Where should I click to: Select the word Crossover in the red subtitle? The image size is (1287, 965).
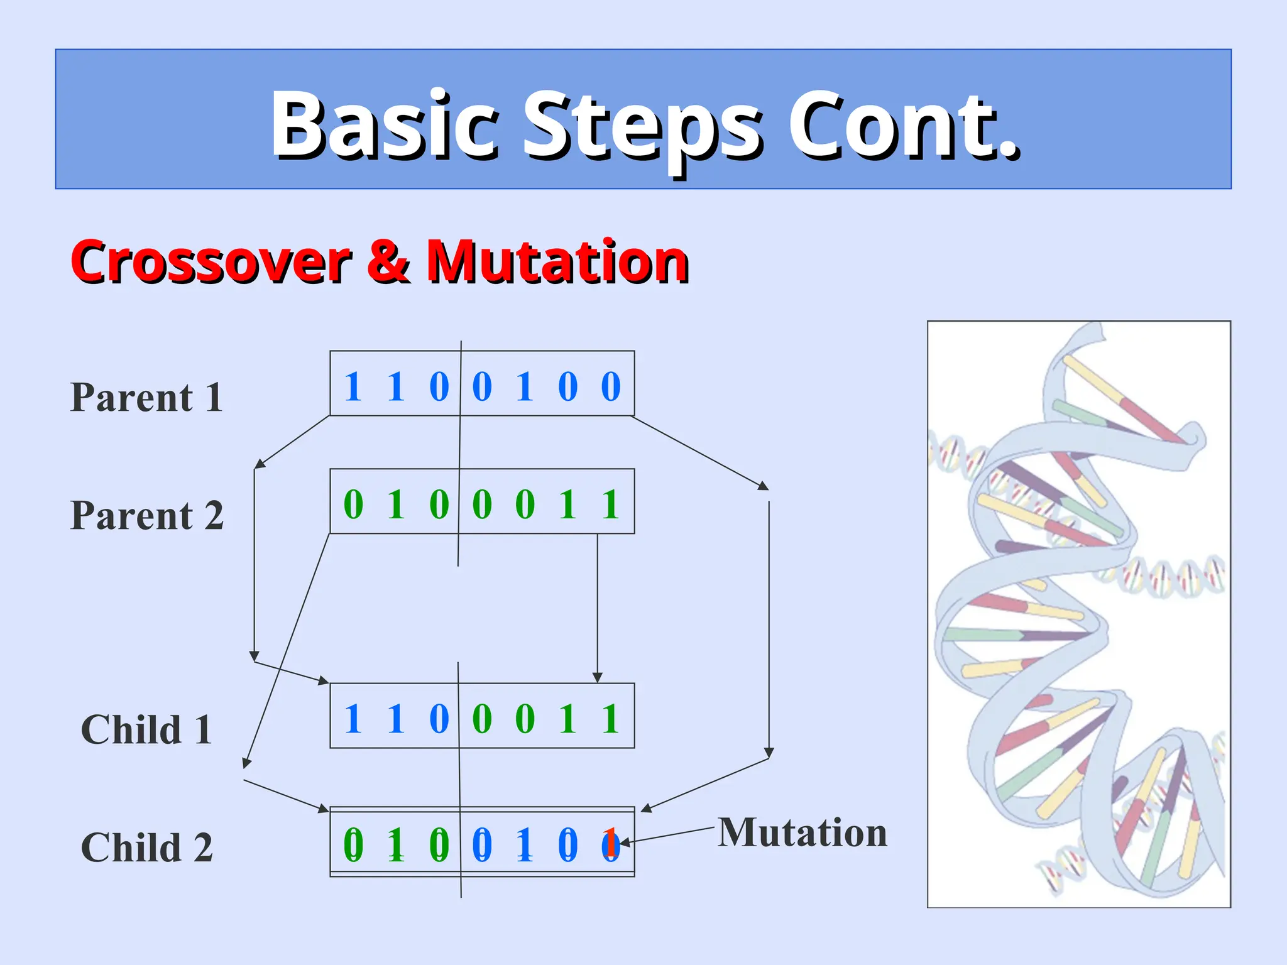(x=210, y=262)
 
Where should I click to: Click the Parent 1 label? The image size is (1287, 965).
(x=146, y=398)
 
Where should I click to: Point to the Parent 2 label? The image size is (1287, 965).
(x=146, y=516)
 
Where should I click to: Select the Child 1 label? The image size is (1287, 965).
(x=146, y=730)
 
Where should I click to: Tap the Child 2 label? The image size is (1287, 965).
(x=146, y=848)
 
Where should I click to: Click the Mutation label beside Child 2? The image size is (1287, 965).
(x=802, y=833)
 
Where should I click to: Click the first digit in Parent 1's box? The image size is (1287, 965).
(x=353, y=386)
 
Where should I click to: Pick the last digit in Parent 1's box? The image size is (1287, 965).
(x=611, y=386)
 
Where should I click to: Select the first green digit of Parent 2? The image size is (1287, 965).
(x=353, y=504)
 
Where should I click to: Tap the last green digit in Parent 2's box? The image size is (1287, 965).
(x=611, y=504)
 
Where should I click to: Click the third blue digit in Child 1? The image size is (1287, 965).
(x=439, y=719)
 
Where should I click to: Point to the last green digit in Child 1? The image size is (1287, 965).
(x=611, y=719)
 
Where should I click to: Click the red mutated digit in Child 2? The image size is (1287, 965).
(x=610, y=844)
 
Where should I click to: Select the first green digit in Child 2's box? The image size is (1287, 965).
(x=353, y=845)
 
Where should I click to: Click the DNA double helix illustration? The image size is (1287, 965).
(x=1078, y=614)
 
